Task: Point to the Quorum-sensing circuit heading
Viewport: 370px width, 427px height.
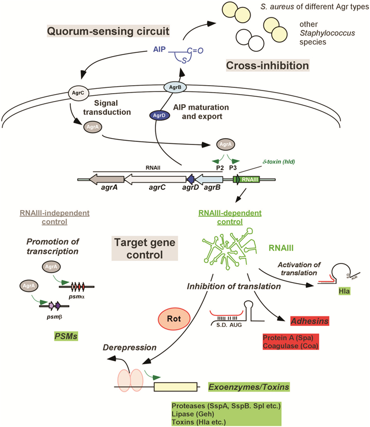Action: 108,32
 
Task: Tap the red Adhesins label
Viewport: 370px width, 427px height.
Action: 308,321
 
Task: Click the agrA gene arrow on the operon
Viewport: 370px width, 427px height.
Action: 108,179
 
